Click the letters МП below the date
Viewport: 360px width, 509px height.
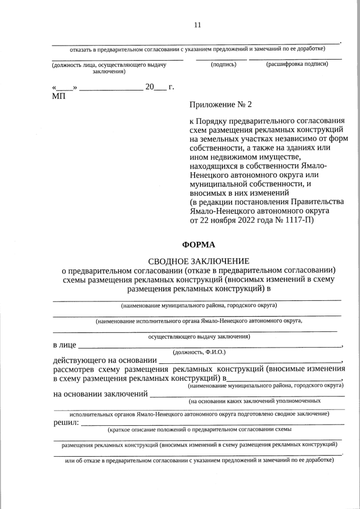coord(58,96)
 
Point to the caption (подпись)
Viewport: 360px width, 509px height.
coord(223,65)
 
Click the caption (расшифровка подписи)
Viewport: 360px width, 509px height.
coord(296,65)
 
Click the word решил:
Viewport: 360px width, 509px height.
coord(66,422)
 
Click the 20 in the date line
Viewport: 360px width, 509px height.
coord(150,87)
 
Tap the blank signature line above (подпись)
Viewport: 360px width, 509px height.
coord(220,59)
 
